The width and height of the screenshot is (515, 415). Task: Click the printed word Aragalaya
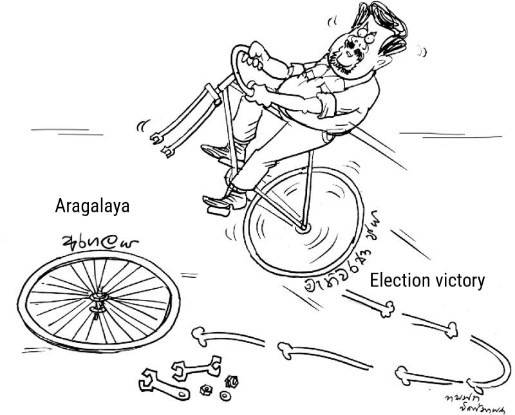click(93, 206)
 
